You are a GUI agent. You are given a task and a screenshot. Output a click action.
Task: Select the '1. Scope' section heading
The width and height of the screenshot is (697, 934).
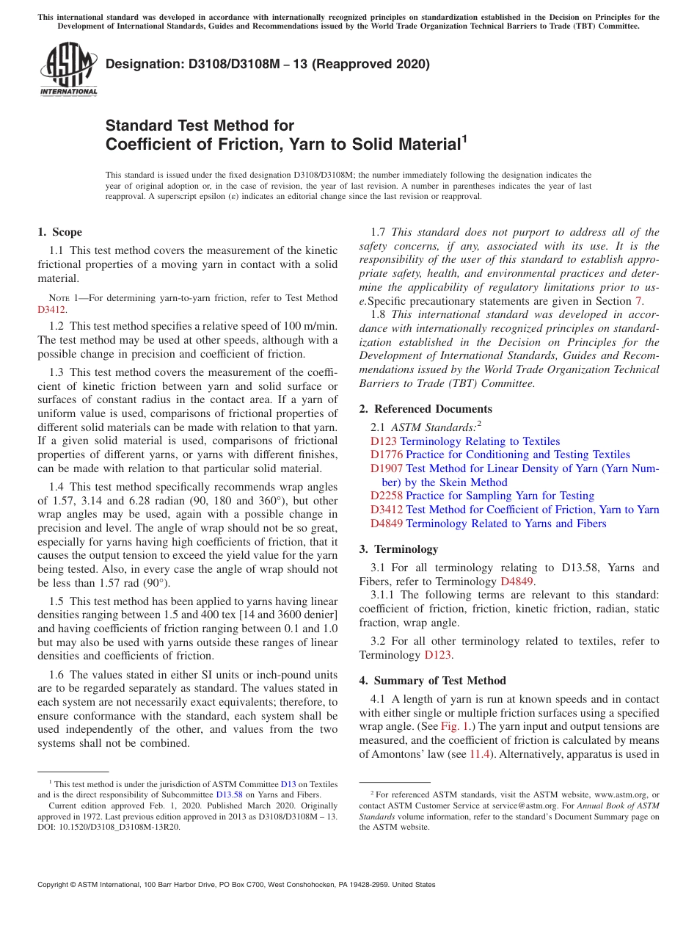[x=60, y=232]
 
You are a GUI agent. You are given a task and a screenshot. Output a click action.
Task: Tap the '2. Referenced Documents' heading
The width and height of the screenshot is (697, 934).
[x=426, y=409]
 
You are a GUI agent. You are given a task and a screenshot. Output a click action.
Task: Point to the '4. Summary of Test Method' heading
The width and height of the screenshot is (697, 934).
[x=432, y=681]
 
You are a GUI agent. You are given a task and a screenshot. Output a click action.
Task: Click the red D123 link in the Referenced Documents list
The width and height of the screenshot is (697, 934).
[x=383, y=441]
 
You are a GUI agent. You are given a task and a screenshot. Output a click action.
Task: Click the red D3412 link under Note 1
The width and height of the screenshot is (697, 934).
[x=51, y=310]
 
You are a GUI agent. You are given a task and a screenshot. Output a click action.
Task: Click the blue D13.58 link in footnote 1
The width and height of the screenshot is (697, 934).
[x=228, y=794]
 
